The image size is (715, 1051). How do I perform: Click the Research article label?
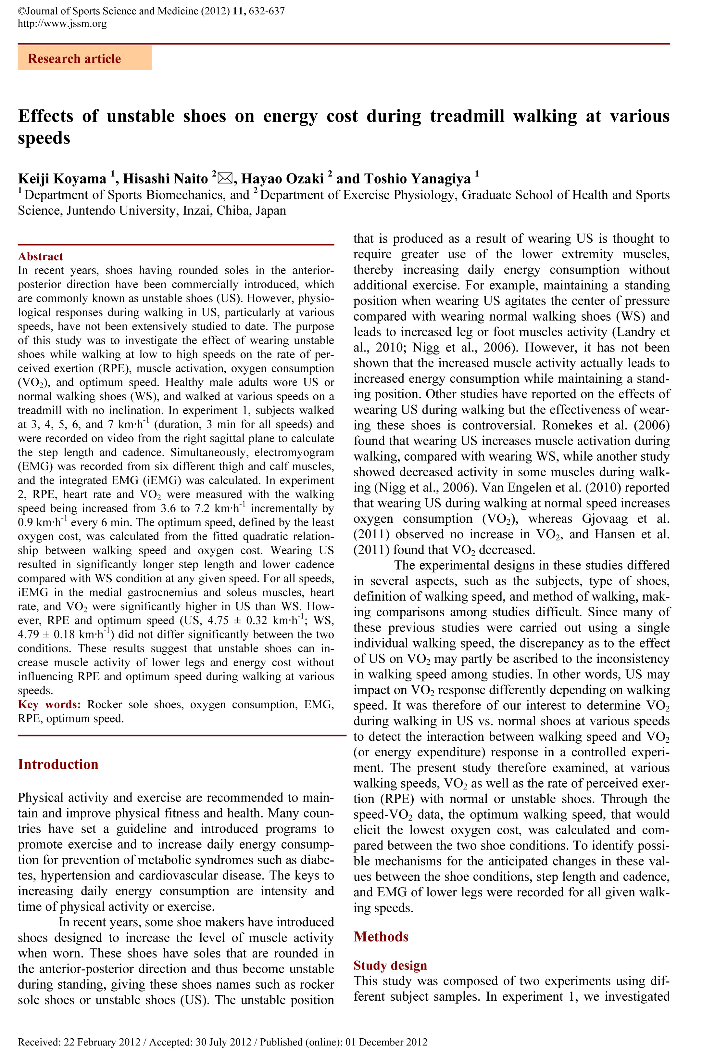coord(75,59)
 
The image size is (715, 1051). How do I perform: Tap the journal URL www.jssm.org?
coord(62,23)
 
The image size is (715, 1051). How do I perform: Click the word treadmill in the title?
coord(466,116)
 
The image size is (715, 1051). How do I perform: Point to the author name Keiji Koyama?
coord(62,179)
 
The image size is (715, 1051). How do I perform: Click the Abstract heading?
coord(40,256)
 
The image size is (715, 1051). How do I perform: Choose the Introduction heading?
coord(58,764)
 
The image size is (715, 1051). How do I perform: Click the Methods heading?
coord(381,937)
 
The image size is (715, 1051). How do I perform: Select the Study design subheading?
coord(390,966)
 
